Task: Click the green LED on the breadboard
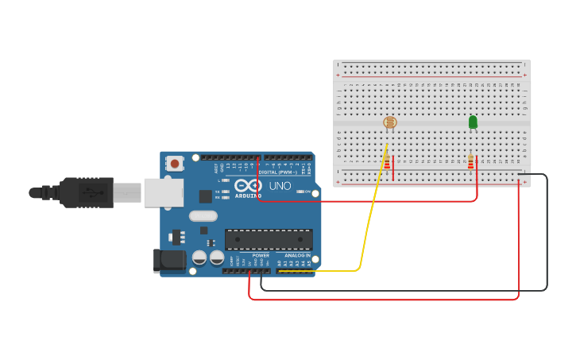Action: pos(473,122)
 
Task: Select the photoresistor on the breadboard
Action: pos(389,122)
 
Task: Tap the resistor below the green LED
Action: pos(470,162)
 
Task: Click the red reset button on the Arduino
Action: pos(174,164)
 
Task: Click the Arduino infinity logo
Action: pos(247,186)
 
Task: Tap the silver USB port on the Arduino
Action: pos(163,192)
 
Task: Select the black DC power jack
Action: pos(168,260)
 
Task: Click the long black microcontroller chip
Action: pos(269,239)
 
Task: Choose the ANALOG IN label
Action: pos(297,256)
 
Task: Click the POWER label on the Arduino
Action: pos(261,256)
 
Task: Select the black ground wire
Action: pos(547,238)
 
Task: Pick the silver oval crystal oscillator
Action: pos(203,215)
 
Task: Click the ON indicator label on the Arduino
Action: pos(307,192)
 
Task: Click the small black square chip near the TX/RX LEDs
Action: pos(205,196)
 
